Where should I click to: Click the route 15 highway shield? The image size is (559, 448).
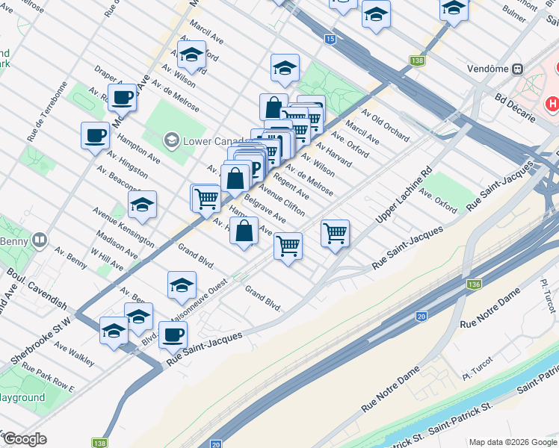pos(329,38)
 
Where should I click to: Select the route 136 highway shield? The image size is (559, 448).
pos(473,284)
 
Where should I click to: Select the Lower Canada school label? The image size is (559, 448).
pos(209,140)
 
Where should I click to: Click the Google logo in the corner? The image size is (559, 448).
pos(25,438)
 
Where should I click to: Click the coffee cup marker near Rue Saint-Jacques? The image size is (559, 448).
pos(173,335)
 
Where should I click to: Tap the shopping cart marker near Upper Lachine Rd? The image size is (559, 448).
pos(336,233)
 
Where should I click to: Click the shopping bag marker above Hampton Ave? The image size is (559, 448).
pos(244,230)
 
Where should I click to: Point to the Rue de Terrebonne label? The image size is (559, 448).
pos(42,122)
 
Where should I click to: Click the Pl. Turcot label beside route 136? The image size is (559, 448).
pos(544,290)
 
